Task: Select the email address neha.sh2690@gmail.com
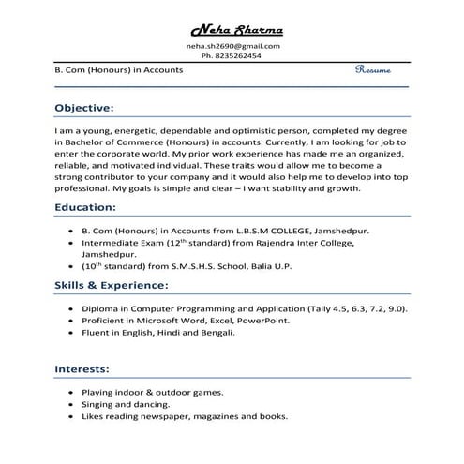(232, 46)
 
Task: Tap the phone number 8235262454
(237, 56)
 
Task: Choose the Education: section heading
(85, 206)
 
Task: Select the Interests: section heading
(82, 369)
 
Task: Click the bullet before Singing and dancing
(71, 404)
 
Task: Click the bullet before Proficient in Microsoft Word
(71, 320)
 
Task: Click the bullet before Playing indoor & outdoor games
(71, 392)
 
